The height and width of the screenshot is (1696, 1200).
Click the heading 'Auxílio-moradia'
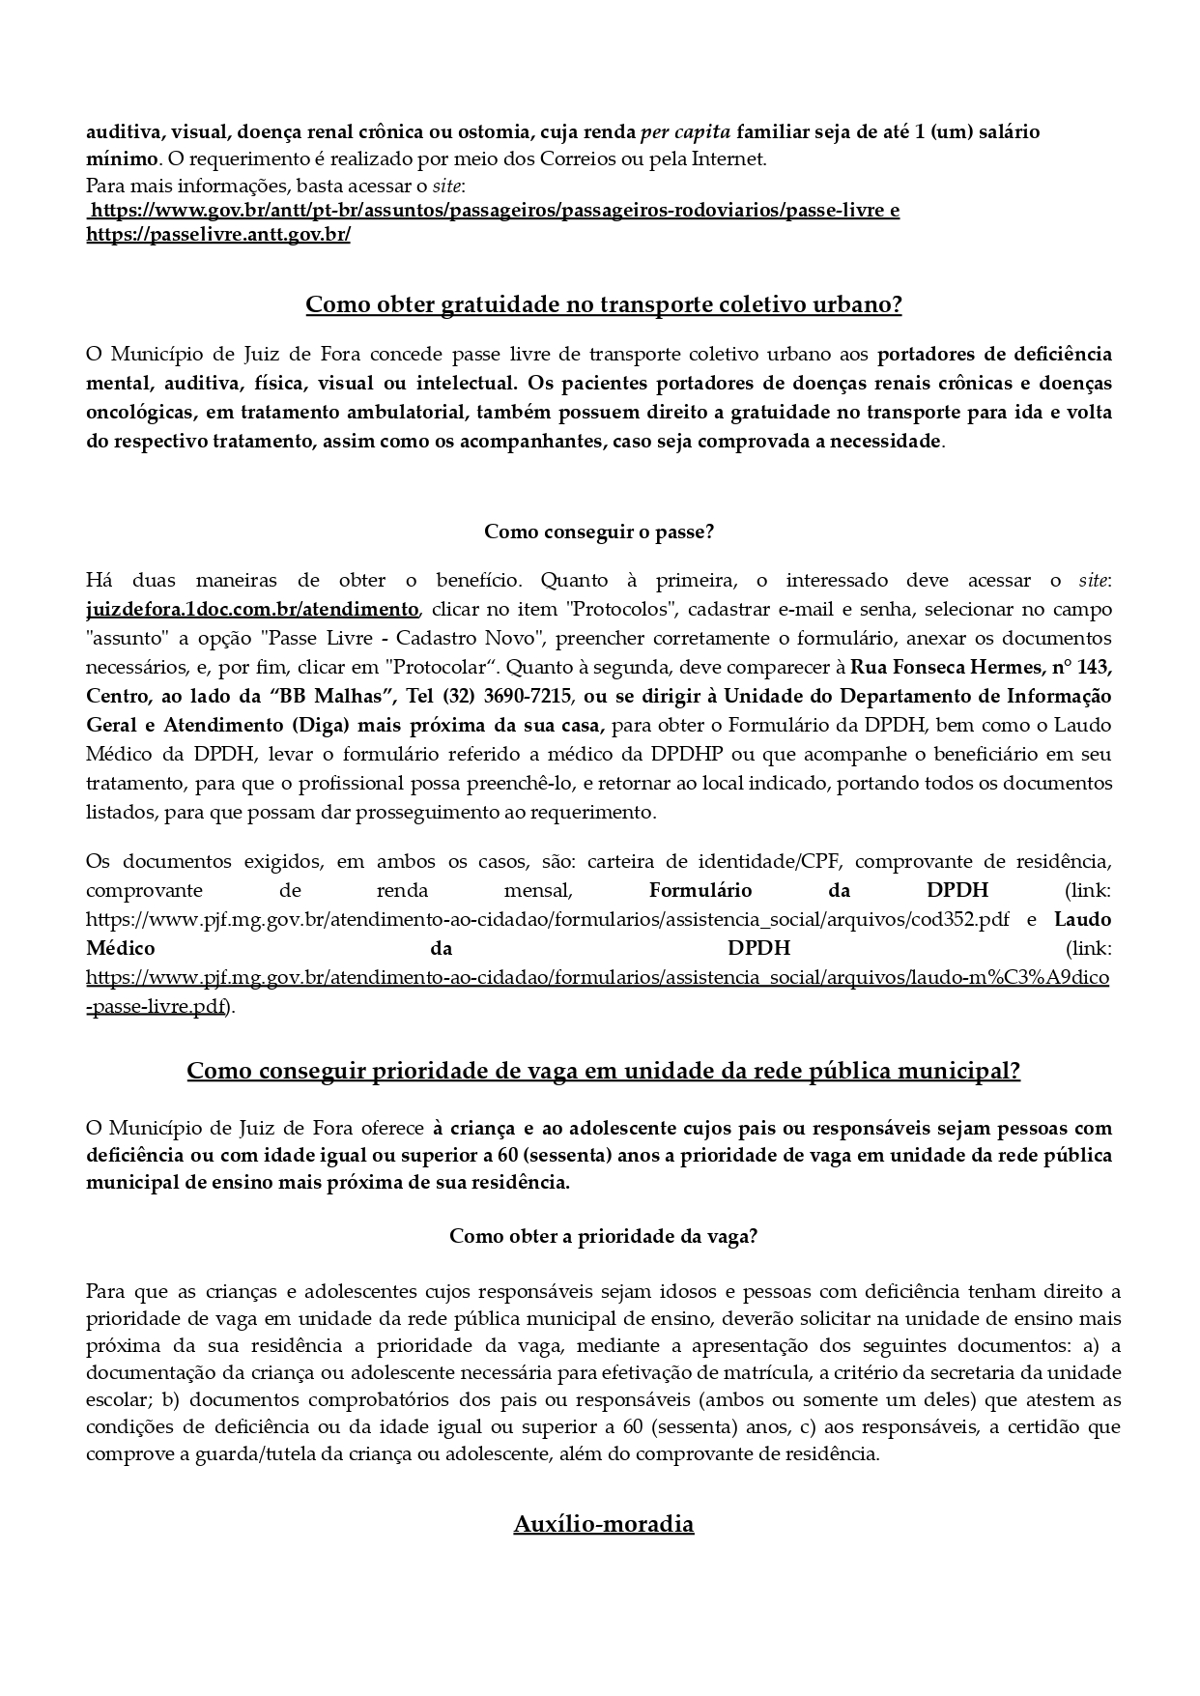(603, 1524)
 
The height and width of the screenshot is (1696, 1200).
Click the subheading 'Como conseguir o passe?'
(599, 532)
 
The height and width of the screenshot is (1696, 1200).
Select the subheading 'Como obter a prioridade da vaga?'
(603, 1236)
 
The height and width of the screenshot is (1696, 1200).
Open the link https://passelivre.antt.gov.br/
(218, 235)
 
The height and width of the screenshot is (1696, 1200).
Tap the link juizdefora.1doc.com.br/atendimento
(252, 610)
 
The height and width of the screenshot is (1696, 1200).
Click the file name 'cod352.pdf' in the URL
(959, 919)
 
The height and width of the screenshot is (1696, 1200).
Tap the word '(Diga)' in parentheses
(336, 726)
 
